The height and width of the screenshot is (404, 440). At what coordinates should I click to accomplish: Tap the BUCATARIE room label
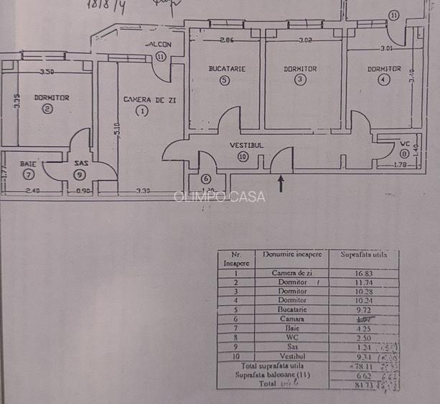click(x=227, y=69)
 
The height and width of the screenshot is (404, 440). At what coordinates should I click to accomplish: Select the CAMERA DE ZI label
click(x=149, y=100)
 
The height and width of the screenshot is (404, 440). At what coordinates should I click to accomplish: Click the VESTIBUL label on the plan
click(x=246, y=145)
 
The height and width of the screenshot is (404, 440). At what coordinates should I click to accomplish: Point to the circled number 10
click(x=243, y=157)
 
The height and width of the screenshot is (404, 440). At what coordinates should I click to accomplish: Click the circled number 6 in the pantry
click(x=206, y=179)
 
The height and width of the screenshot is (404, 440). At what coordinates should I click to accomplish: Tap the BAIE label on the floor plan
click(x=28, y=164)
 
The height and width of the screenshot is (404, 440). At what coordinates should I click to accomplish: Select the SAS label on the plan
click(x=80, y=164)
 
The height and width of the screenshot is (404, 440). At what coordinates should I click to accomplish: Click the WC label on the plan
click(x=406, y=144)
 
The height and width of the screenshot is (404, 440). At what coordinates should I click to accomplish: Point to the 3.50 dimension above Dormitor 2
click(x=47, y=72)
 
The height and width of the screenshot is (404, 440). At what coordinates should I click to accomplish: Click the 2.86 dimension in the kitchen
click(x=228, y=39)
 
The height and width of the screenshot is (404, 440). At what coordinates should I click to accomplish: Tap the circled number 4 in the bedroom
click(x=384, y=80)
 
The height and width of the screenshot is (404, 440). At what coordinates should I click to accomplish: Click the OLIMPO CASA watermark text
click(x=220, y=197)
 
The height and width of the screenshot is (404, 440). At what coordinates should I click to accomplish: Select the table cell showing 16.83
click(x=362, y=273)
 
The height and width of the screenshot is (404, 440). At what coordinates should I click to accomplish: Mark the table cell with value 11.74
click(x=362, y=282)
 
